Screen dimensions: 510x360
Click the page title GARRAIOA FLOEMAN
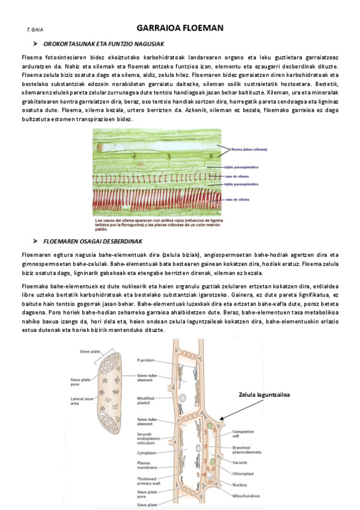tap(180, 28)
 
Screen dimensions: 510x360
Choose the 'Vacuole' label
tap(242, 462)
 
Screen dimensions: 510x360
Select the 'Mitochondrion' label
tap(246, 496)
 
